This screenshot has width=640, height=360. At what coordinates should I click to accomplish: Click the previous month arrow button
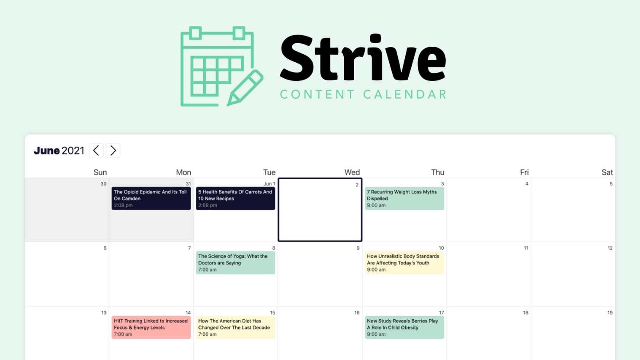[x=96, y=151]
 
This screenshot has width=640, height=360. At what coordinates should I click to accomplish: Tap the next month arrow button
[x=113, y=151]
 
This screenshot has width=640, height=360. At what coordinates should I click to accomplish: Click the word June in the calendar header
[x=47, y=151]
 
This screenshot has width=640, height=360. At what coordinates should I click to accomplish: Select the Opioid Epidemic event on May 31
[x=151, y=199]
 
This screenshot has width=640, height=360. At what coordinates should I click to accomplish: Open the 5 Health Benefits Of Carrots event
[x=235, y=199]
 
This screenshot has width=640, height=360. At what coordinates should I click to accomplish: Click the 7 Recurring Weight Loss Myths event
[x=404, y=199]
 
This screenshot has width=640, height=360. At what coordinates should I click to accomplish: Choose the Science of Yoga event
[x=235, y=263]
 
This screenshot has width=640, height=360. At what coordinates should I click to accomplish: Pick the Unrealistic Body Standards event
[x=404, y=263]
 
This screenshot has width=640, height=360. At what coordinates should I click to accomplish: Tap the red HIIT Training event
[x=151, y=328]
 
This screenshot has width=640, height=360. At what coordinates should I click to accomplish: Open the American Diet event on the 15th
[x=235, y=328]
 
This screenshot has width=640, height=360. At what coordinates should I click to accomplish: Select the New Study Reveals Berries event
[x=404, y=328]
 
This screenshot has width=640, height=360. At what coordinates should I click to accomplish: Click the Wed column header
[x=352, y=172]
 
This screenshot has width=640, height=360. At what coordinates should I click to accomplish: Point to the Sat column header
[x=607, y=172]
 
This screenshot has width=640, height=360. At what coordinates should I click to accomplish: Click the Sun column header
[x=100, y=172]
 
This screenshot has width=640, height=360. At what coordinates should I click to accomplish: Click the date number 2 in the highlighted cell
[x=357, y=185]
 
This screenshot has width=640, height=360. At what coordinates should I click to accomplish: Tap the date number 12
[x=610, y=248]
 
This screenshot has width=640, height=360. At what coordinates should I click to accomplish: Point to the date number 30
[x=103, y=184]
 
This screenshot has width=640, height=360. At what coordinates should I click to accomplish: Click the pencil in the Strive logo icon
[x=245, y=88]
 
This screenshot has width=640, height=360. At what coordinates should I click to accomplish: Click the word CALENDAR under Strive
[x=405, y=94]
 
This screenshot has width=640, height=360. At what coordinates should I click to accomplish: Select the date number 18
[x=525, y=312]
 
